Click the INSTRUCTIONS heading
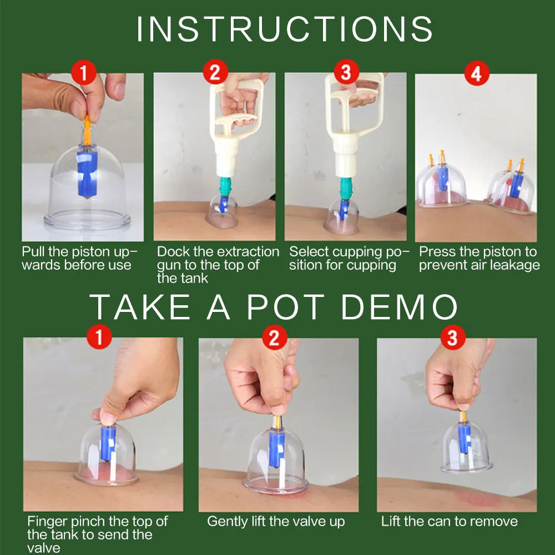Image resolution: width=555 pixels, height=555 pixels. coord(285,29)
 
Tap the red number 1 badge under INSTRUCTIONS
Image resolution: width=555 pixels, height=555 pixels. coord(84,73)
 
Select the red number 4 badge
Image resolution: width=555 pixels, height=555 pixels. coord(476,74)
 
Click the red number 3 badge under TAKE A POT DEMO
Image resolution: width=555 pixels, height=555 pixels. coord(453,337)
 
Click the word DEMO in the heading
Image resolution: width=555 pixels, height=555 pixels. coord(400,307)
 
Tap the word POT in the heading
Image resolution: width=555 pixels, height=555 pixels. coord(285,307)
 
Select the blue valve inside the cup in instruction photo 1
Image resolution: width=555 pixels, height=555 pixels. coord(87,174)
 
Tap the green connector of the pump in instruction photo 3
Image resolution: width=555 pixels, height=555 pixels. coord(346,188)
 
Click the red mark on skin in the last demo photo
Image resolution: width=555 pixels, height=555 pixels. coord(477,499)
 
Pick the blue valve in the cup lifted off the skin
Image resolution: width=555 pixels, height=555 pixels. coord(464,438)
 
